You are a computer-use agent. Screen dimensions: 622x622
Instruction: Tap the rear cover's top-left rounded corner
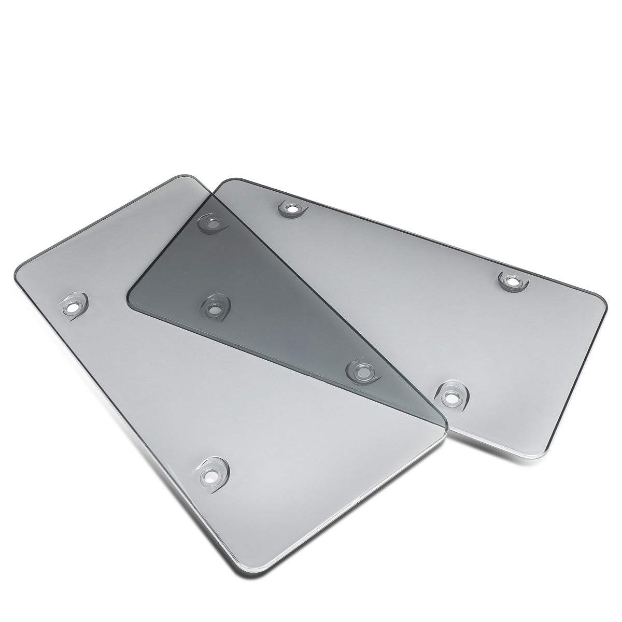pyautogui.click(x=228, y=182)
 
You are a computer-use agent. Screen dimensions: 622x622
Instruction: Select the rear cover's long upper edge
pyautogui.click(x=415, y=233)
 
